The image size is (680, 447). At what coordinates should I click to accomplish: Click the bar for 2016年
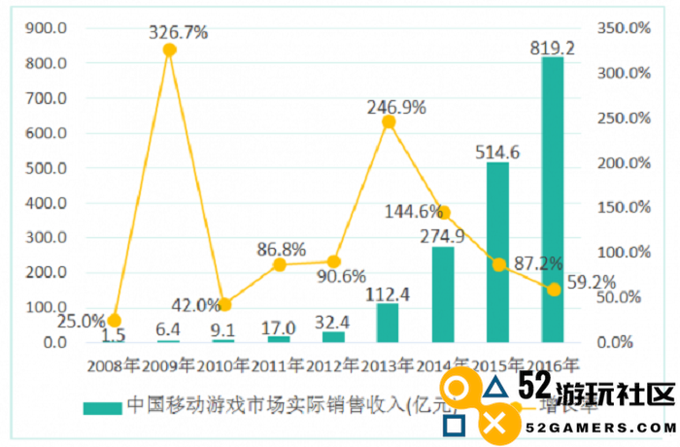click(x=553, y=199)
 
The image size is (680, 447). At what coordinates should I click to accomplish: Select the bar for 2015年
click(x=497, y=252)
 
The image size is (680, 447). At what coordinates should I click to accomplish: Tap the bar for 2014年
click(x=443, y=293)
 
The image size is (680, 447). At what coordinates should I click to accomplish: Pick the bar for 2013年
click(x=388, y=322)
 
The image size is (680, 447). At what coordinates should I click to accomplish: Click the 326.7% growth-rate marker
click(x=169, y=51)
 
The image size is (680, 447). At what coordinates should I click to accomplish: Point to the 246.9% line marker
click(x=389, y=121)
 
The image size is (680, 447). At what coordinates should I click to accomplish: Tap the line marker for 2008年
click(x=115, y=320)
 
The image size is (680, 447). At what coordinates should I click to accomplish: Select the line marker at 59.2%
click(x=554, y=290)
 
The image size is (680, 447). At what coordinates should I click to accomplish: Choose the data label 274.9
click(x=442, y=235)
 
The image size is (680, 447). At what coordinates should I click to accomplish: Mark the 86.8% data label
click(x=281, y=249)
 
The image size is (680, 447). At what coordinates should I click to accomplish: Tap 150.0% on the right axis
click(x=623, y=207)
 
